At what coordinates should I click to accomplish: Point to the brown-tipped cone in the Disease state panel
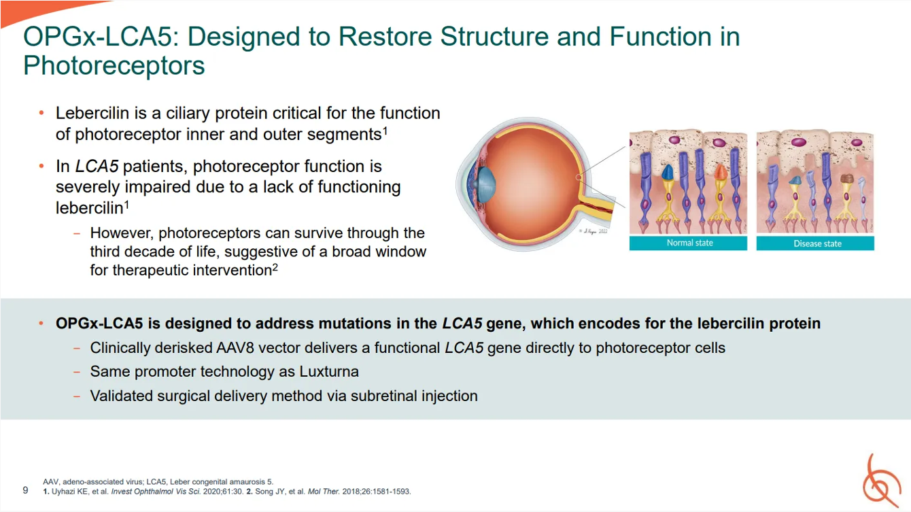[846, 180]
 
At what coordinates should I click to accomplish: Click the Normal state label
[689, 243]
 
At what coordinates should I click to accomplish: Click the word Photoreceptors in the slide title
[114, 65]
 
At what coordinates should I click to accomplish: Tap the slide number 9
[25, 490]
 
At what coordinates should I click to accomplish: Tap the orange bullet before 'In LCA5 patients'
[41, 167]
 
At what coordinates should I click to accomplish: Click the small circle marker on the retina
[577, 178]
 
